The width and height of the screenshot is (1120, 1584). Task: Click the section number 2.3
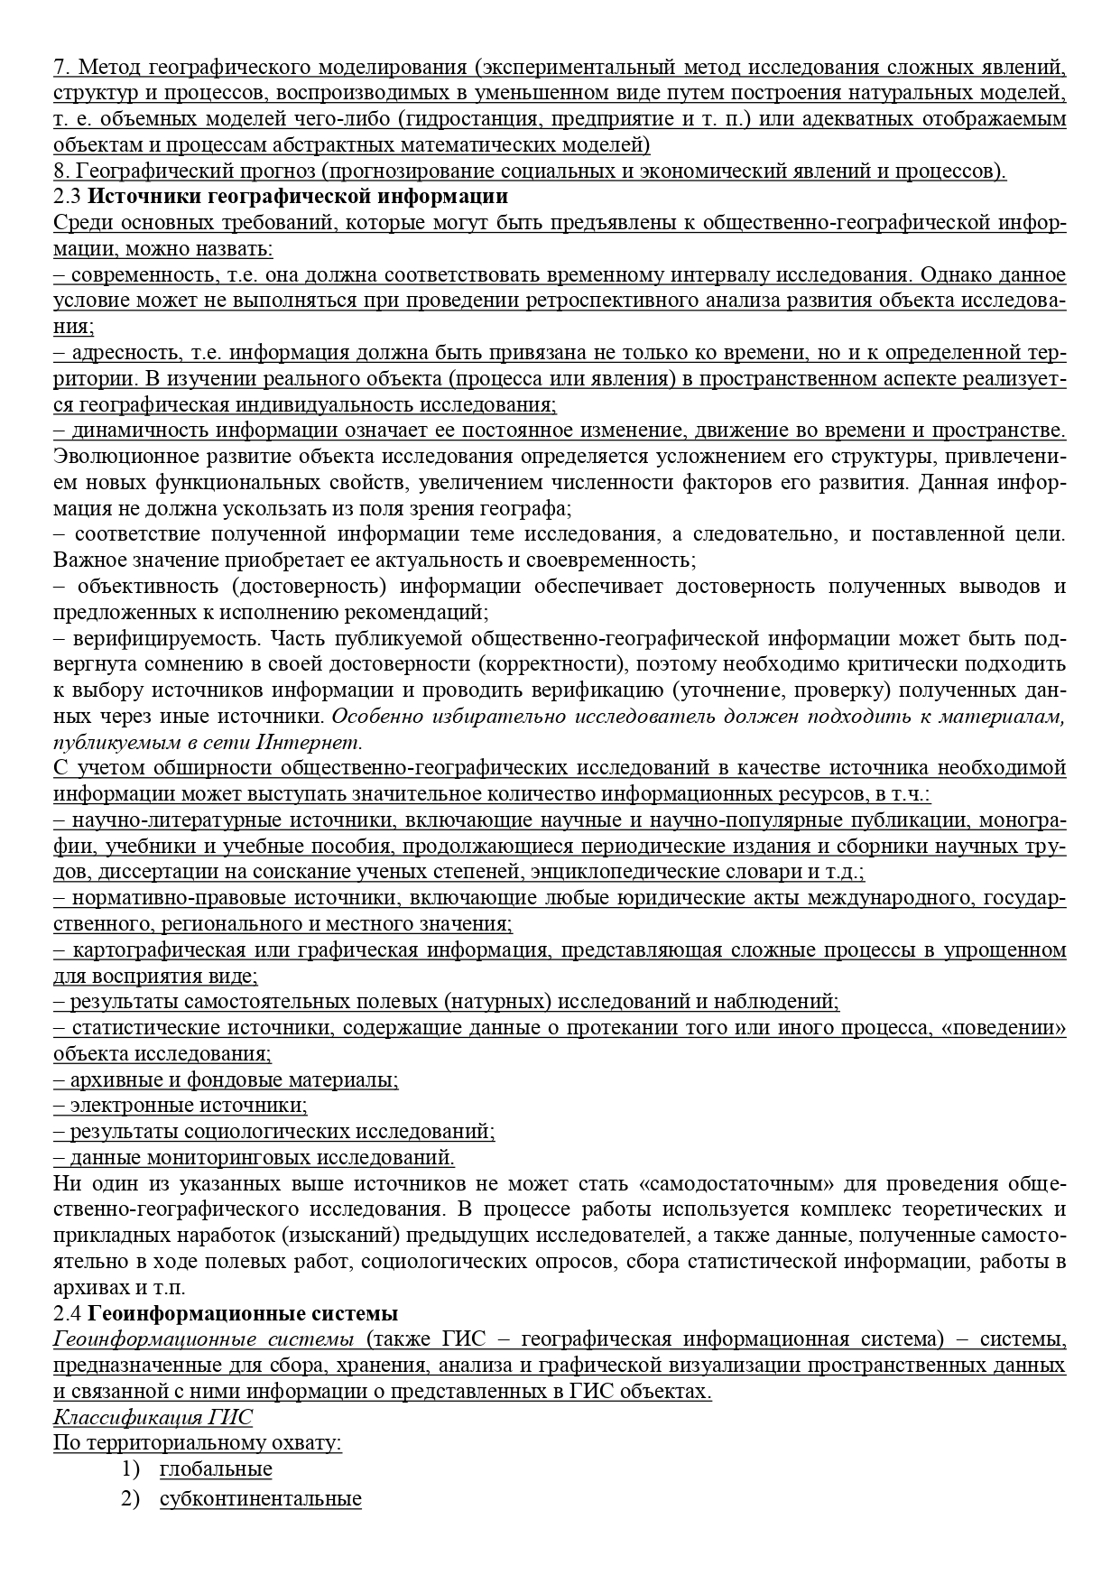coord(68,197)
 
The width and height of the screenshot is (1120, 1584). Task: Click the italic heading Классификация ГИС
coord(153,1416)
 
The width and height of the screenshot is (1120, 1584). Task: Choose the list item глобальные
coord(216,1468)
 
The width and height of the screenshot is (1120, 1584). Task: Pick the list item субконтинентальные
coord(260,1499)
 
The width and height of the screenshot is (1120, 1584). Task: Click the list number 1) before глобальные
coord(132,1468)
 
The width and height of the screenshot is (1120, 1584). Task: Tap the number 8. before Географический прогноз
coord(61,171)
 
